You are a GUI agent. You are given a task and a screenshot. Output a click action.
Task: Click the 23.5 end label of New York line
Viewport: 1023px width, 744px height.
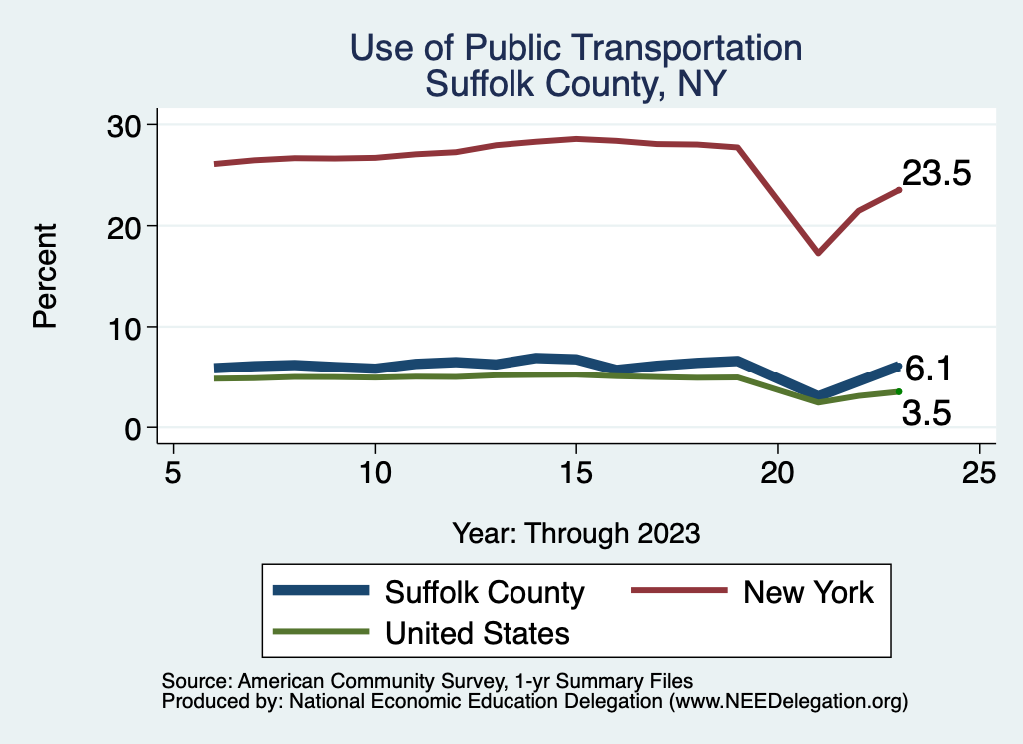(936, 173)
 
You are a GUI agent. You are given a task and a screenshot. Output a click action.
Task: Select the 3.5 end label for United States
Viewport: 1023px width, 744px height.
(926, 412)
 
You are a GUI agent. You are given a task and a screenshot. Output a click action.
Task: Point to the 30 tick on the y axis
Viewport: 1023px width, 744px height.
(127, 125)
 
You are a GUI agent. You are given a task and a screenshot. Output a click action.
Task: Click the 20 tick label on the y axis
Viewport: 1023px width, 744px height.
(127, 226)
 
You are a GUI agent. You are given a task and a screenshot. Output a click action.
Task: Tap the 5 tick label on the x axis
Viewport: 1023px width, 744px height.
(174, 472)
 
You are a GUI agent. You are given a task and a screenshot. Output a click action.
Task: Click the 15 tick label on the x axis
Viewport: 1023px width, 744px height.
(576, 472)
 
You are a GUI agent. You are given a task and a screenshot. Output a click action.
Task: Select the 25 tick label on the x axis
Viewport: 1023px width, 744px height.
(979, 472)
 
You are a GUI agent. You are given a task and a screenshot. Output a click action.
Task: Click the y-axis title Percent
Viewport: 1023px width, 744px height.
(44, 276)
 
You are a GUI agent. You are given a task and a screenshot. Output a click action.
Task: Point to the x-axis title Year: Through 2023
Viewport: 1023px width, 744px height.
(575, 533)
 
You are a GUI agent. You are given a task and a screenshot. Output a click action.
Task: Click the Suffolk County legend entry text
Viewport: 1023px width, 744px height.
(485, 592)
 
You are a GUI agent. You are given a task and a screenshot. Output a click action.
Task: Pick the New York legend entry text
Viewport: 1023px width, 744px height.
(808, 592)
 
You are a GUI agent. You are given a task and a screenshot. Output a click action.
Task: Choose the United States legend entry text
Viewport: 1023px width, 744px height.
(478, 633)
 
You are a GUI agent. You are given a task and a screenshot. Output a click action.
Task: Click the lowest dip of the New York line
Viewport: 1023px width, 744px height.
(818, 253)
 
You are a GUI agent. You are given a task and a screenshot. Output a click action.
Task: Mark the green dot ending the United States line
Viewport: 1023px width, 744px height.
(899, 391)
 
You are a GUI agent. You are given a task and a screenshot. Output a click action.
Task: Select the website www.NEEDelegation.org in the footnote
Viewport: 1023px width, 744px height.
(788, 702)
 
